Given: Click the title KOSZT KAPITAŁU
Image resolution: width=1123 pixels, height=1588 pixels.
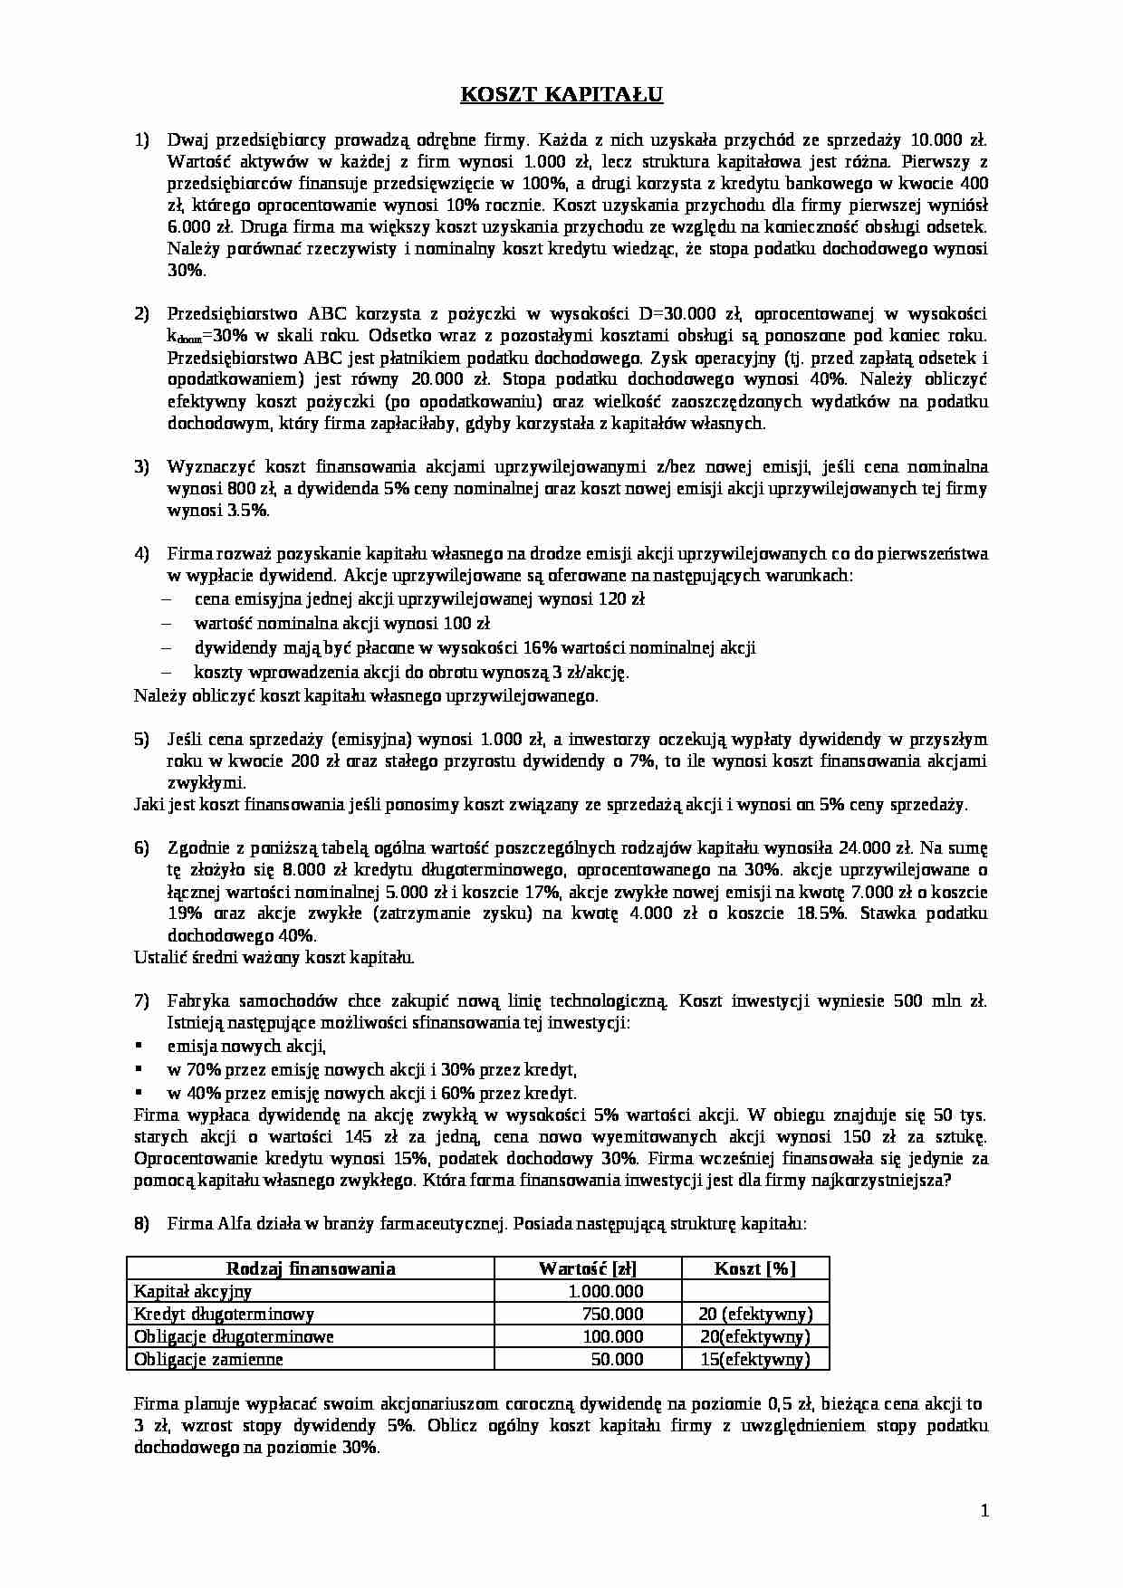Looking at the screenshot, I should click(561, 94).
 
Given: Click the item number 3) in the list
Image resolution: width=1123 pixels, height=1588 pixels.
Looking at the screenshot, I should click(141, 467).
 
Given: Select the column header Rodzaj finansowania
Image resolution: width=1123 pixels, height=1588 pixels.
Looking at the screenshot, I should click(310, 1268).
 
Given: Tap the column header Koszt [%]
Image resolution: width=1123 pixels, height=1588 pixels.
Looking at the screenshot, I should click(754, 1268).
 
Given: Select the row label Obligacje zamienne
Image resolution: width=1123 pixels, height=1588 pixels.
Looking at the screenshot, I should click(208, 1360).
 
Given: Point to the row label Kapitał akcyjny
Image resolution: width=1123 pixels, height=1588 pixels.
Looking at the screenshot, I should click(193, 1292).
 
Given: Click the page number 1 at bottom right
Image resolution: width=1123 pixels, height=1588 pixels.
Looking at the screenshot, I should click(984, 1510).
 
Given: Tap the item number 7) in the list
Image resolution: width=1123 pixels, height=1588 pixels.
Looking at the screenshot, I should click(141, 1001).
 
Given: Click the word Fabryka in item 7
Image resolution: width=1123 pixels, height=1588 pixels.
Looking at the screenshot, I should click(195, 1001).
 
